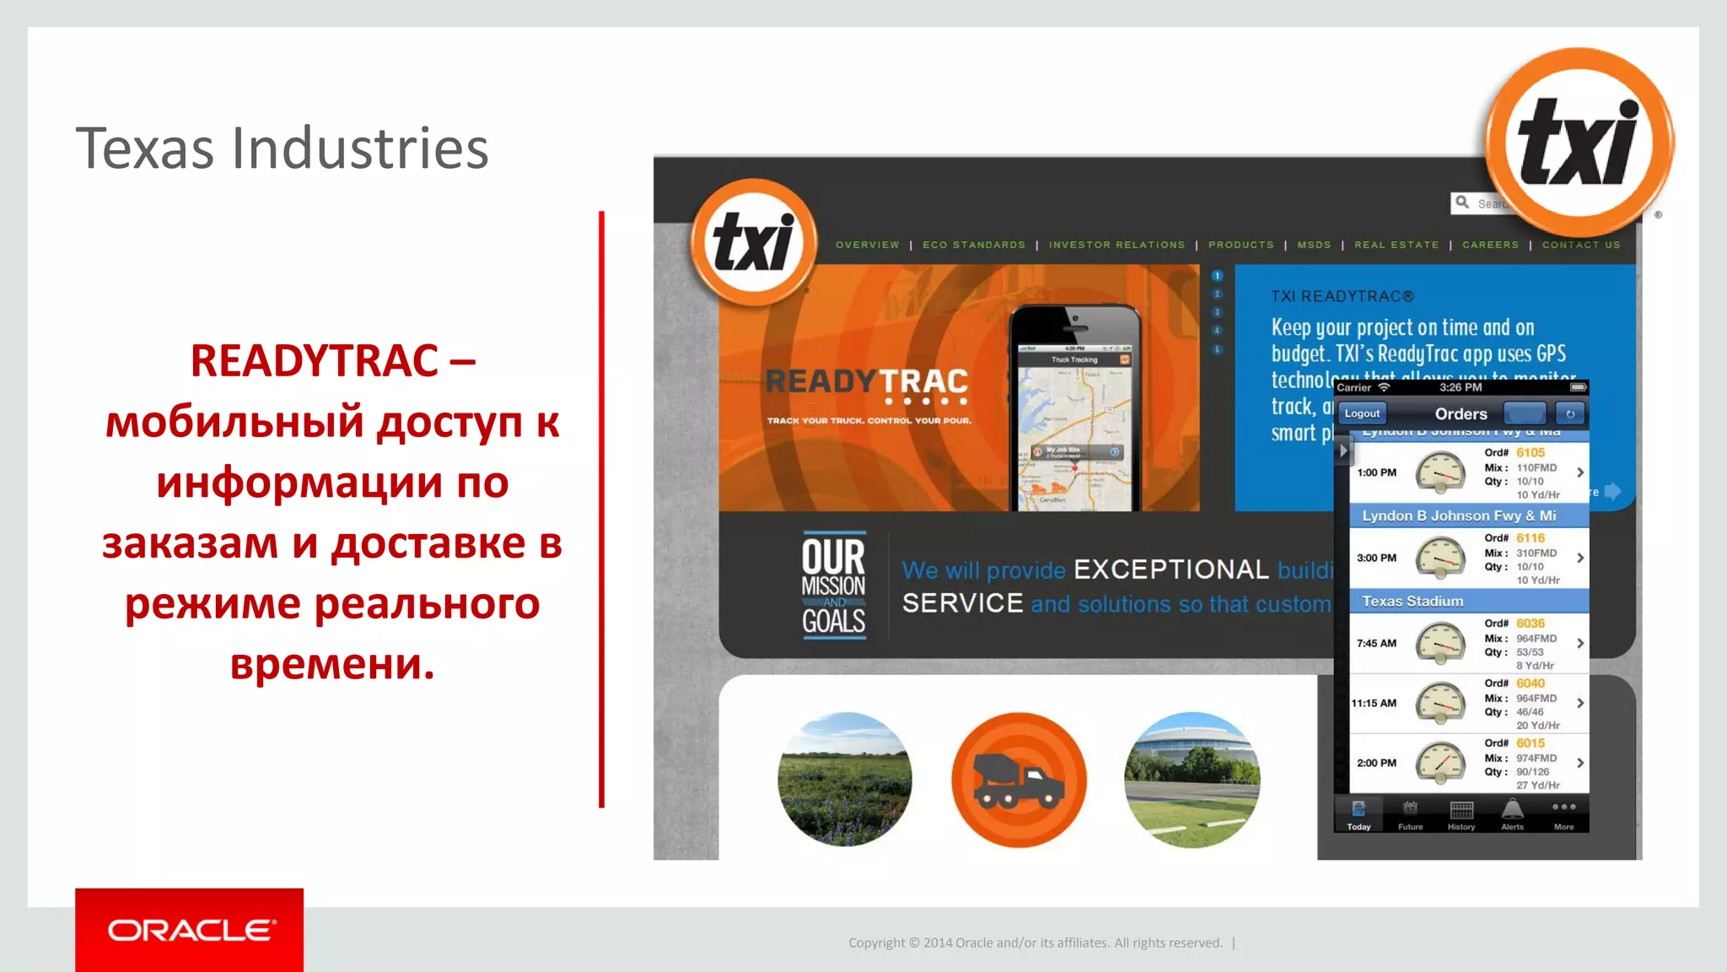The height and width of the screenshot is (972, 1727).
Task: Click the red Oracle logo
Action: click(190, 929)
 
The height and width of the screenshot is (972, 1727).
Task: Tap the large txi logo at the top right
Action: click(1579, 142)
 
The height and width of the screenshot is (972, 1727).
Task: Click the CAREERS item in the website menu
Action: click(1490, 245)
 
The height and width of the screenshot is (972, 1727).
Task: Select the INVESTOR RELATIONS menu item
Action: click(1116, 245)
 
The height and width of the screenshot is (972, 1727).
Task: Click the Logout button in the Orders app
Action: click(1362, 413)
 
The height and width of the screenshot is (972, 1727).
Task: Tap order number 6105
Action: click(1531, 453)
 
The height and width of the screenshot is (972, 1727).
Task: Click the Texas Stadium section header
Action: click(1412, 601)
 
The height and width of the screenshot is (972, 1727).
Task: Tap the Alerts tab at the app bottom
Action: click(1512, 814)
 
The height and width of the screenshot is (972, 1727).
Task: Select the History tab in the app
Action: click(1461, 814)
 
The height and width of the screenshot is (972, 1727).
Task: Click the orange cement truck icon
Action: click(1019, 780)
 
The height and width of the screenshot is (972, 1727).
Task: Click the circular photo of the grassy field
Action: click(844, 780)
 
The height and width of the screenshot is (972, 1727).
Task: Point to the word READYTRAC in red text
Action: click(314, 361)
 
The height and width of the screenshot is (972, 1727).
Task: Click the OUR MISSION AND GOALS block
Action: click(833, 585)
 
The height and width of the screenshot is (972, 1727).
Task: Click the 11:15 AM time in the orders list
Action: click(1374, 703)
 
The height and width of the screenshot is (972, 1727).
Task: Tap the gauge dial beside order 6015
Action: click(1440, 763)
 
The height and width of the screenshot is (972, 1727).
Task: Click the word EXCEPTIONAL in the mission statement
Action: click(1170, 570)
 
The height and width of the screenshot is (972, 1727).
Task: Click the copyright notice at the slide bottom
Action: click(1035, 942)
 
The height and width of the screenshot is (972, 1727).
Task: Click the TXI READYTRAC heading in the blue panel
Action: click(1342, 296)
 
